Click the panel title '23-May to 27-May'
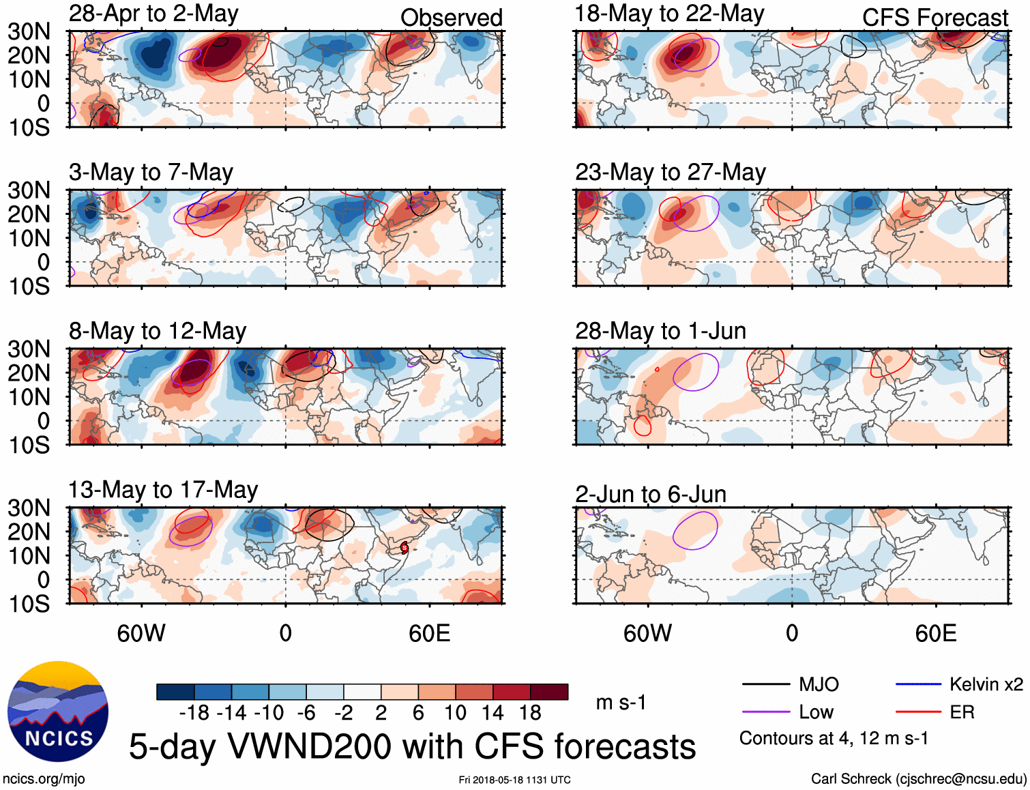670,173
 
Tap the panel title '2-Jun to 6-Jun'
650,494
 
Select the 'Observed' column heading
451,18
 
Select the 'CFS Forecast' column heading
935,18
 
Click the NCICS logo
58,712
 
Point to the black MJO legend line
765,684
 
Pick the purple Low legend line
765,712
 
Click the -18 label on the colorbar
194,713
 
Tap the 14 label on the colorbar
492,713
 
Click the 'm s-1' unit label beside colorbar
621,703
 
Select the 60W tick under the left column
141,633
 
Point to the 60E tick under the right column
935,633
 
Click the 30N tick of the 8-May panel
29,349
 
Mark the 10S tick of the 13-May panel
29,604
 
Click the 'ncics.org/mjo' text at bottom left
44,779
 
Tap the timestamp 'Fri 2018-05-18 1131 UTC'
514,780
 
